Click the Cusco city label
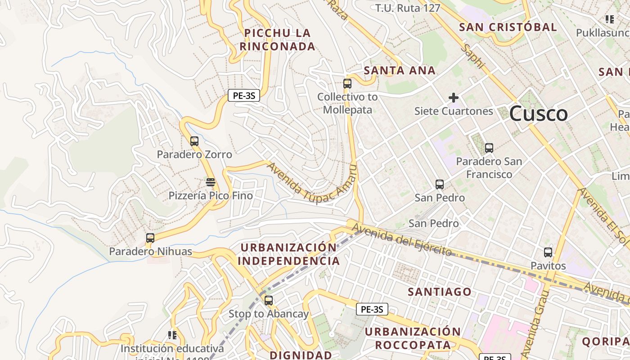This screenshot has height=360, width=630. [x=538, y=113]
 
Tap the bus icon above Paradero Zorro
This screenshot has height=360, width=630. [x=194, y=141]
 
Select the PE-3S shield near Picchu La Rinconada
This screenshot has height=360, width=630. [x=244, y=95]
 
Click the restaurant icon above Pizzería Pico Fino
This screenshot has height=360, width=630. [x=211, y=182]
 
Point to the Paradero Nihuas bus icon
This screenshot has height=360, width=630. [x=150, y=238]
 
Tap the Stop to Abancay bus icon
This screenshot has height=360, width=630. [x=269, y=300]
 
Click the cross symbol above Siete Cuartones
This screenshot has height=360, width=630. [x=454, y=97]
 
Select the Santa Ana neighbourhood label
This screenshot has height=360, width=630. [x=400, y=70]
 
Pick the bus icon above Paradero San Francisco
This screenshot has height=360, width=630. [x=489, y=148]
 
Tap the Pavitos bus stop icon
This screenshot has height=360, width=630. [x=548, y=252]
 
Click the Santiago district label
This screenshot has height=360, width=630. [x=440, y=292]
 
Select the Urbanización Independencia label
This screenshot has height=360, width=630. [x=288, y=254]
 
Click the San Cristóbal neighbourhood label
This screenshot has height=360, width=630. [x=508, y=27]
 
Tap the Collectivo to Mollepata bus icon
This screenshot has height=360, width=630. [x=347, y=83]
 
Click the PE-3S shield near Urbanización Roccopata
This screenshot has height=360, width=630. [x=372, y=309]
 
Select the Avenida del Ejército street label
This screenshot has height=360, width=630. [x=402, y=240]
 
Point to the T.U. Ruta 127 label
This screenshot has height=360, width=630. [x=408, y=8]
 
